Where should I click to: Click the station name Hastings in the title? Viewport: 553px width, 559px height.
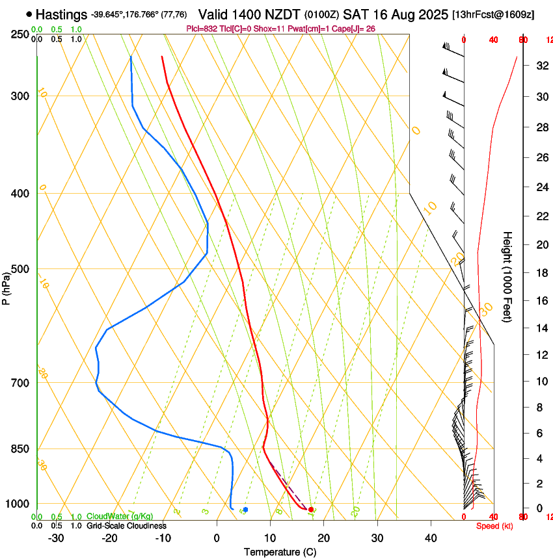pos(62,14)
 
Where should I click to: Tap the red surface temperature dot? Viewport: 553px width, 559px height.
pos(311,509)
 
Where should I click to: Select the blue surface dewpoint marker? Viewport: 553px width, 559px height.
pos(245,510)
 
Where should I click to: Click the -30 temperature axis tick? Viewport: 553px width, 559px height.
pos(56,538)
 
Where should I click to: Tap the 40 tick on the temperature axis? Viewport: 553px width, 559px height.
pos(430,538)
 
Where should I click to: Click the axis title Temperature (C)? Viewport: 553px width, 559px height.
pos(280,552)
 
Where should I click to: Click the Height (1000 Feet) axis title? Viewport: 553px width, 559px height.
pos(508,277)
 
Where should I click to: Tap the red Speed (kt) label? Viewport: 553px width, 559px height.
pos(494,526)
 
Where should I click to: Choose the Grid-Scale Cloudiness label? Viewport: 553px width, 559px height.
pos(126,526)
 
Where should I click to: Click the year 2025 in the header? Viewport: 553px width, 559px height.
pos(431,14)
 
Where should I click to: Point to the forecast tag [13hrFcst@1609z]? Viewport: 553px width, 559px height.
pos(493,14)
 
